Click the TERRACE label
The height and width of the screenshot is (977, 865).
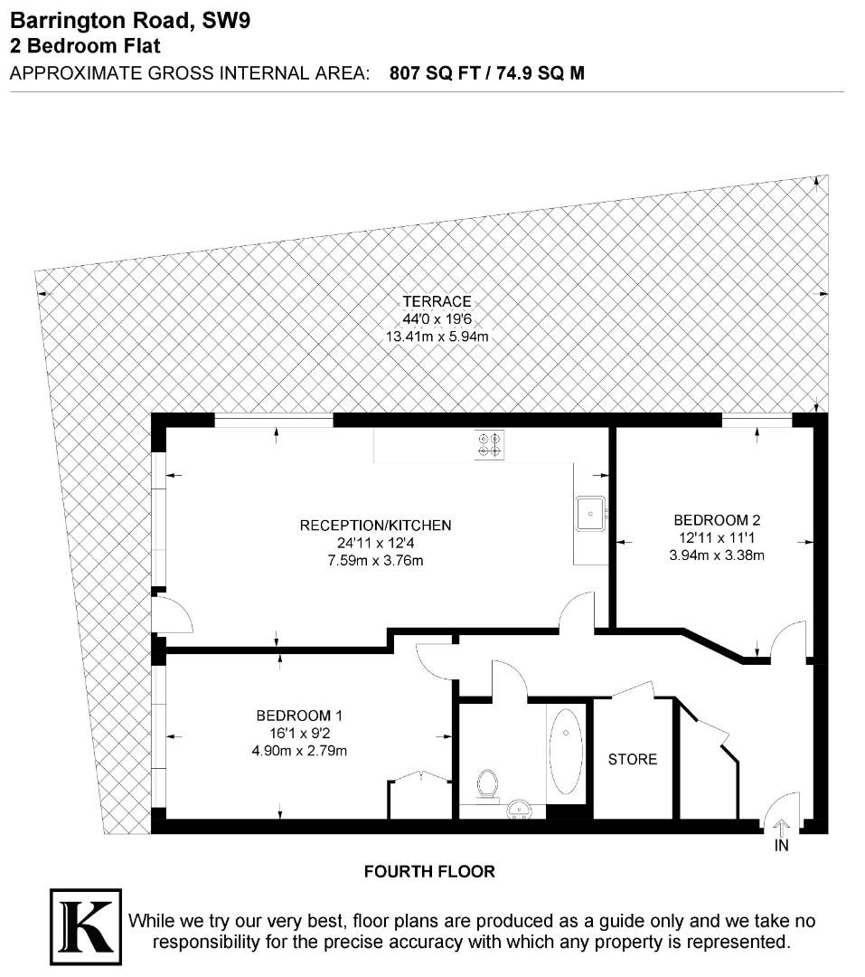pos(437,301)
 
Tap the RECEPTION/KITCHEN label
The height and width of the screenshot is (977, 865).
pos(375,525)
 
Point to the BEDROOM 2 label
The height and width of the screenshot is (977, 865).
pos(717,520)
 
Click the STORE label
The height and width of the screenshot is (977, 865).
pos(633,759)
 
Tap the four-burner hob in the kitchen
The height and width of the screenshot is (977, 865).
pos(490,442)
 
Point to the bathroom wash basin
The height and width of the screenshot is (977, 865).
pos(520,807)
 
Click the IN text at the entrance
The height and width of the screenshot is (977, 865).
pos(781,846)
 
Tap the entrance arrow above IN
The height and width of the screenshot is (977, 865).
pos(781,825)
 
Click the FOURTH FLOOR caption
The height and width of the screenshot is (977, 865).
pos(429,872)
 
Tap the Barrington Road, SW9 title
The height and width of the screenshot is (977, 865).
pos(129,21)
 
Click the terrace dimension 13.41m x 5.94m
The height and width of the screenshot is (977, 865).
pos(437,337)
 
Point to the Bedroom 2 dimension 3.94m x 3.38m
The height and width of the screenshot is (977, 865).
pos(717,555)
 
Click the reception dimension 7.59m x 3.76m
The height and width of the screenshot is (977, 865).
pos(375,560)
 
